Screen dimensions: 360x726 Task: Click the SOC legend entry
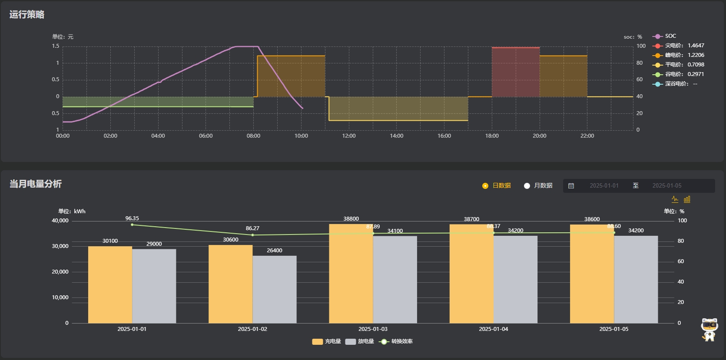[665, 36]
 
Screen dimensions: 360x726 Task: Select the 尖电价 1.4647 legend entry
[679, 46]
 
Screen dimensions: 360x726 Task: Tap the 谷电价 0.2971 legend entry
[679, 74]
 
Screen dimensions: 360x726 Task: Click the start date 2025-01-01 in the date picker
[604, 186]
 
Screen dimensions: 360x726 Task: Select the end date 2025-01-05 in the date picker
[666, 186]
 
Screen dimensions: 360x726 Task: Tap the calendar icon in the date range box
[571, 186]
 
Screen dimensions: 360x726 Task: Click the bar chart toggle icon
[687, 199]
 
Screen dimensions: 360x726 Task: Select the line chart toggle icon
[675, 199]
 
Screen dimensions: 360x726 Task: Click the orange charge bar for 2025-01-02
[230, 284]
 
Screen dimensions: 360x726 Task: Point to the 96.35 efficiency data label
[132, 218]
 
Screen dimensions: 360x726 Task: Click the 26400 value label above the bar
[275, 251]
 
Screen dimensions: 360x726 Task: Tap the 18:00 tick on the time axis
[492, 136]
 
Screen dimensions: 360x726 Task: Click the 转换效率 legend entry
[396, 341]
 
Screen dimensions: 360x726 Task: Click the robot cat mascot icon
[709, 330]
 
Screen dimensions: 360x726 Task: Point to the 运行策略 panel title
[27, 15]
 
